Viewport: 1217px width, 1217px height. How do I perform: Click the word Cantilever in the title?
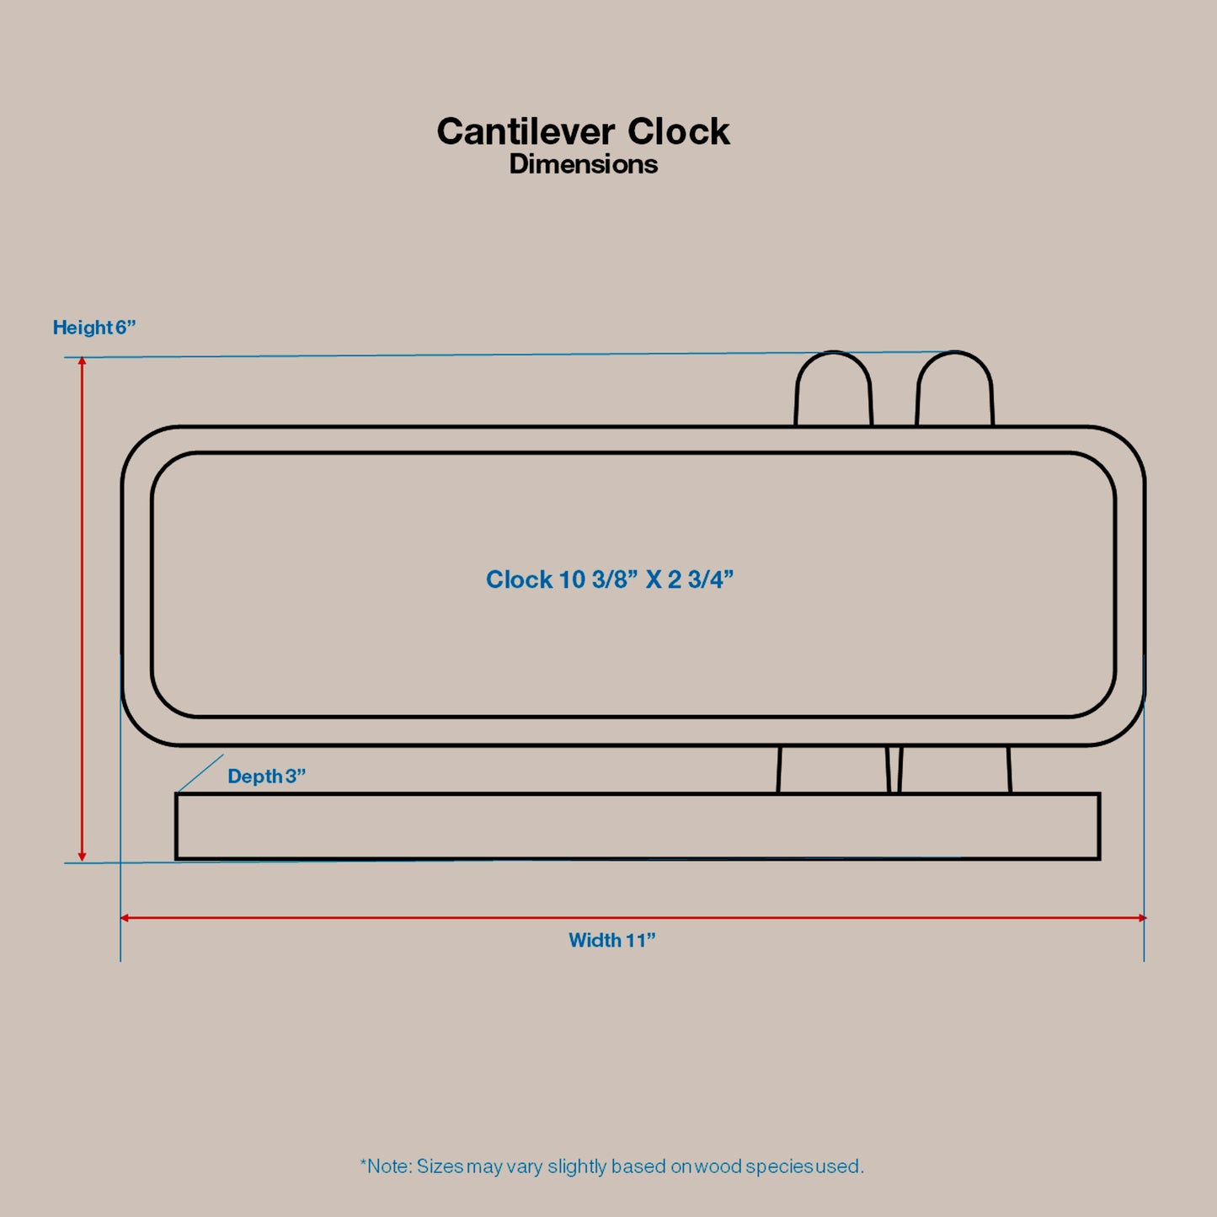[526, 132]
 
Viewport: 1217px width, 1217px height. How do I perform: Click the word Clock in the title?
[678, 132]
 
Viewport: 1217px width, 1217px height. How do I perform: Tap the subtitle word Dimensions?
[583, 164]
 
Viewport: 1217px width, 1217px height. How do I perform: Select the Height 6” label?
[94, 328]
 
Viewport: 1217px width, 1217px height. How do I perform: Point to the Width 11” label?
[611, 941]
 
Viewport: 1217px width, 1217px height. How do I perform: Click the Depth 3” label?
[266, 777]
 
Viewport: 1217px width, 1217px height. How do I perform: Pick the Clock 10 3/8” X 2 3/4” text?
[610, 579]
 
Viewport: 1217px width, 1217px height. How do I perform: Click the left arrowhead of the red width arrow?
[125, 917]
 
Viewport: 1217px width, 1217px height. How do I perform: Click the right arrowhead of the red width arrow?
[1140, 917]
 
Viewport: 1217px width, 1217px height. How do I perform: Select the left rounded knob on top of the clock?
[833, 390]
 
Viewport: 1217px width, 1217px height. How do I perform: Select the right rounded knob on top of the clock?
[954, 390]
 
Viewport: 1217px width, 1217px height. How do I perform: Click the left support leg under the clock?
[832, 769]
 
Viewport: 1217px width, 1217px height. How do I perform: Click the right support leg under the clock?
[954, 769]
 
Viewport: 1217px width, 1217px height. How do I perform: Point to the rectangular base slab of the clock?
[637, 826]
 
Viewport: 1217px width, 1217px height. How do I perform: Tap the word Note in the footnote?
[389, 1166]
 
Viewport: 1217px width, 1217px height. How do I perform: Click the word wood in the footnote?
[718, 1166]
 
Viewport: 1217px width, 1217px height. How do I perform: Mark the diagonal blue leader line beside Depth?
[201, 772]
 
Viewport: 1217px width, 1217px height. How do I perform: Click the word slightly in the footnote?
[577, 1166]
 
